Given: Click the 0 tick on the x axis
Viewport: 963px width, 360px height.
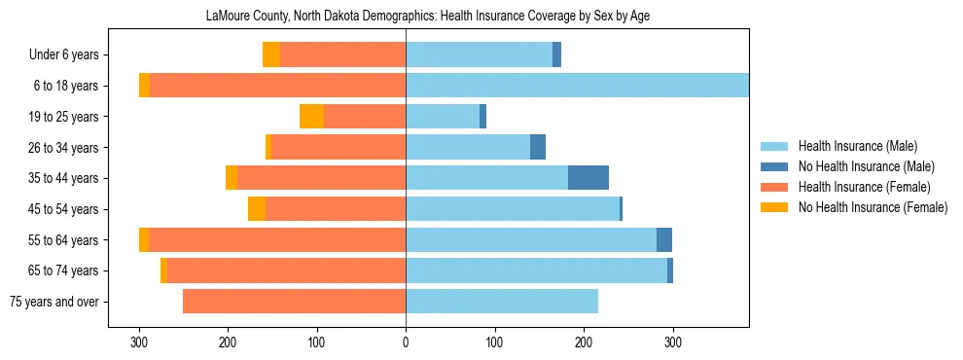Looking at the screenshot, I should tap(406, 343).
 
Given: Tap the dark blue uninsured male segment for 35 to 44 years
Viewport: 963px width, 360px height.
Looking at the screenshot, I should tap(588, 178).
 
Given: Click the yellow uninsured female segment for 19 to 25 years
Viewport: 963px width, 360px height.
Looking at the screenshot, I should tap(311, 117).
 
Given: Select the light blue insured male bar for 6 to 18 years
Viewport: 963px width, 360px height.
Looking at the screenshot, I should tap(577, 86).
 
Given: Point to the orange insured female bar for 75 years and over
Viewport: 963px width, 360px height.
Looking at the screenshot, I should tap(294, 302).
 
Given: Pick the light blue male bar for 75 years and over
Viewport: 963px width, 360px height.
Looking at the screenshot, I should tap(502, 302).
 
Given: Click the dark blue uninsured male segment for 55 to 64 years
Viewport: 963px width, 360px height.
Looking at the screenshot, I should tap(664, 240).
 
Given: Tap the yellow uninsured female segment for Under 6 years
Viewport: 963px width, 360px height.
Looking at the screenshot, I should tap(271, 54).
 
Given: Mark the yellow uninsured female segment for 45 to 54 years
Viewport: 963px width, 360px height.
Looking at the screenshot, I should tap(257, 209).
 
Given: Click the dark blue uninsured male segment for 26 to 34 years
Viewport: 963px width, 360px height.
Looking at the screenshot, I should tap(538, 147).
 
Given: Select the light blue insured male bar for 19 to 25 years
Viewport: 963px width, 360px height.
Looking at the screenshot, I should tap(443, 117).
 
